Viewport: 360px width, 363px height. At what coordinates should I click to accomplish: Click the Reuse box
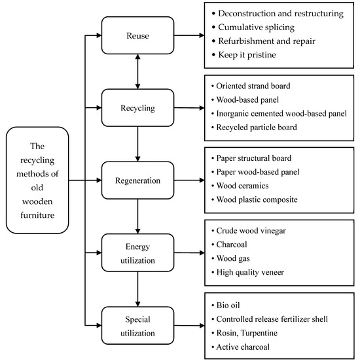coord(135,35)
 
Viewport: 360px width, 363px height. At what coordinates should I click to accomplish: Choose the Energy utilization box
coord(135,253)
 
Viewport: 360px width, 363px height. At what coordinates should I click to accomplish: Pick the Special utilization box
coord(135,325)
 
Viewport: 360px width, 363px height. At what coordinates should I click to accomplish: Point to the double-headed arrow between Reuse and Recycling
coord(136,72)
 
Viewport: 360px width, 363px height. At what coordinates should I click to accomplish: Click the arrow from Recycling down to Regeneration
coord(136,144)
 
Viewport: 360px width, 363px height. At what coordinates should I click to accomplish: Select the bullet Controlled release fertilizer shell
coord(276,319)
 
